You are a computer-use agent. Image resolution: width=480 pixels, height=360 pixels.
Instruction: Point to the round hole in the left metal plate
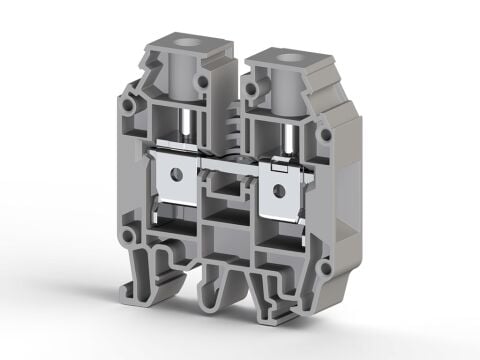178,174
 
